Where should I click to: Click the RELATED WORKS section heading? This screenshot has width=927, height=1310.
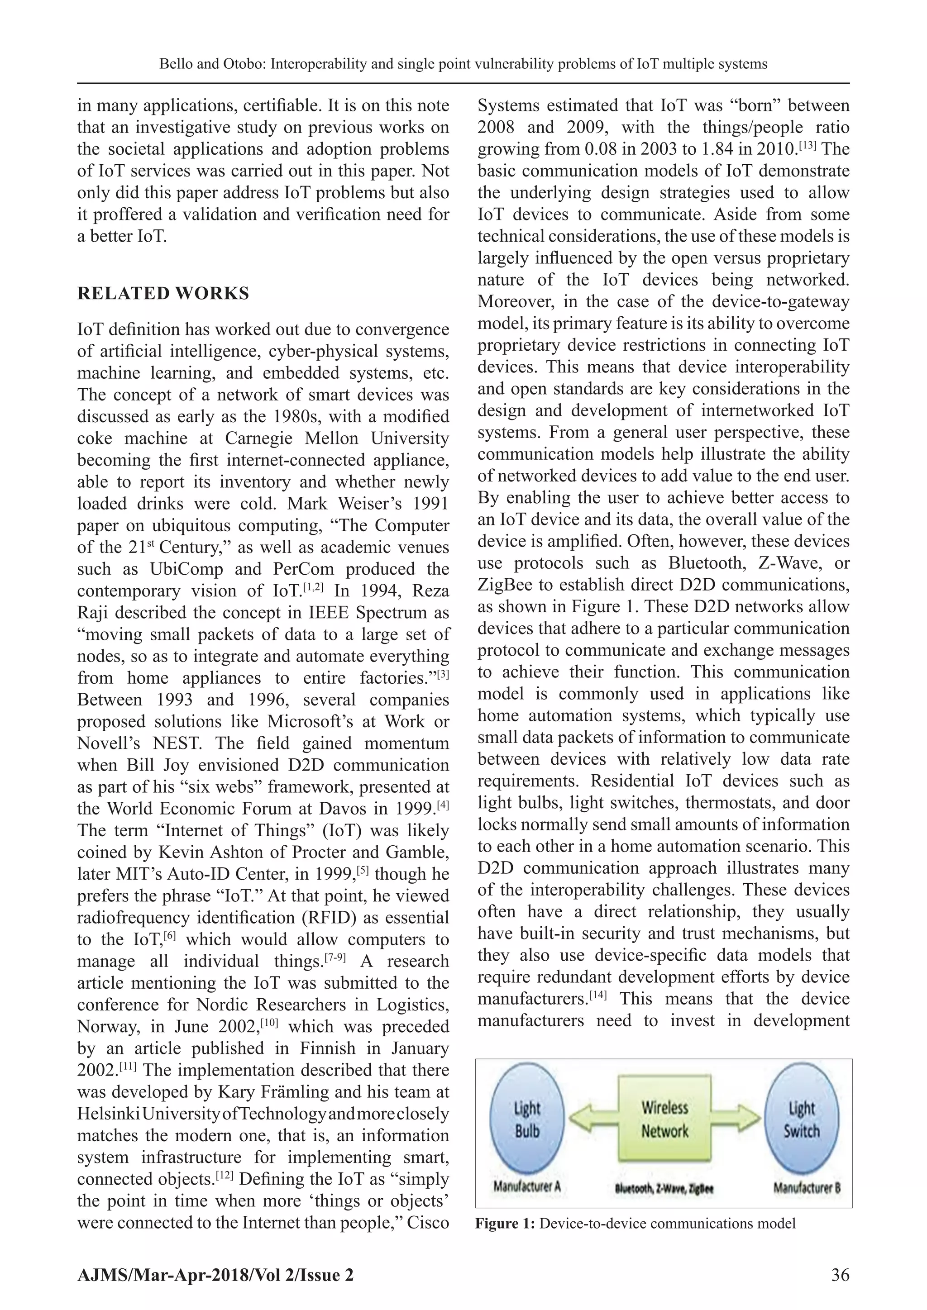click(163, 293)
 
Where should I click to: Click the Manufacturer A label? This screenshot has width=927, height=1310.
click(527, 1187)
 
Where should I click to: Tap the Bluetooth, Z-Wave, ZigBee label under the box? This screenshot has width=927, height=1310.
click(664, 1189)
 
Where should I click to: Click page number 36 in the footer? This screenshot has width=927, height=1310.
click(840, 1274)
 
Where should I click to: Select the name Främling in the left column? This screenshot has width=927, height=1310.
click(273, 1092)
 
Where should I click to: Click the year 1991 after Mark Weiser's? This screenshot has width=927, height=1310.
click(428, 504)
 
